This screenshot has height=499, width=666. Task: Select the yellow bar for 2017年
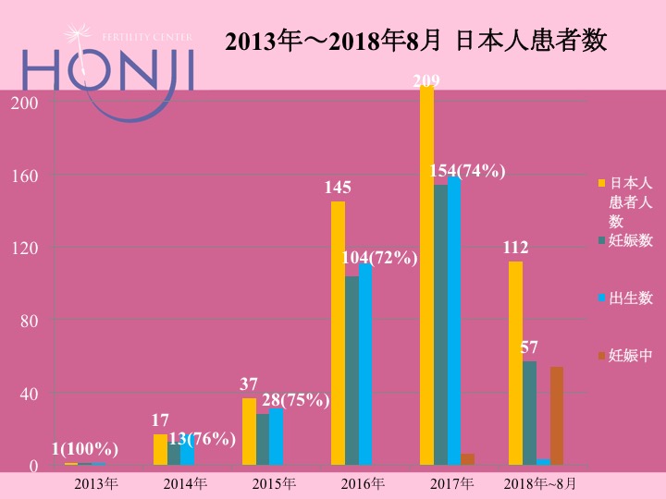point(426,277)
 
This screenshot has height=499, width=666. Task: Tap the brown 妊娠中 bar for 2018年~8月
point(557,416)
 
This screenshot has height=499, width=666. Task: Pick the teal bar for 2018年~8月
point(529,413)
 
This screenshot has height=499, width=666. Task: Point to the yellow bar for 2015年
point(249,432)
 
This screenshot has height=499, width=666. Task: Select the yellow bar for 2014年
point(160,450)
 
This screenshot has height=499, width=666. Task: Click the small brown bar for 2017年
point(468,459)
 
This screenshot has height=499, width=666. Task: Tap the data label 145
point(338,188)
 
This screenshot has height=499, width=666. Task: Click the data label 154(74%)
point(467,170)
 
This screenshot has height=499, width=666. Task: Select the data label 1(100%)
point(84,449)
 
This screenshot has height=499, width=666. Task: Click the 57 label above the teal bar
point(529,347)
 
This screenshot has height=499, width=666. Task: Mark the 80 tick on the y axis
point(30,321)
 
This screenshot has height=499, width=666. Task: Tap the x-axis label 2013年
point(95,483)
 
